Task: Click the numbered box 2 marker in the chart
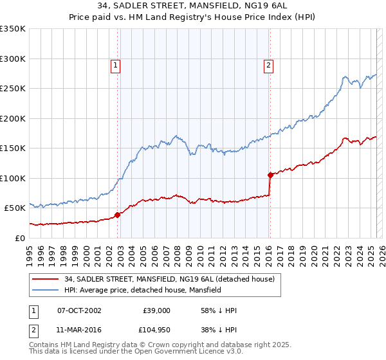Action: click(268, 64)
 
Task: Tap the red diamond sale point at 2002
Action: click(118, 215)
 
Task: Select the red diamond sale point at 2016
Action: click(270, 175)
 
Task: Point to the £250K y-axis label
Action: click(13, 89)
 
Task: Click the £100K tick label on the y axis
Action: click(13, 178)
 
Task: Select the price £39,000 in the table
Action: click(156, 310)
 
